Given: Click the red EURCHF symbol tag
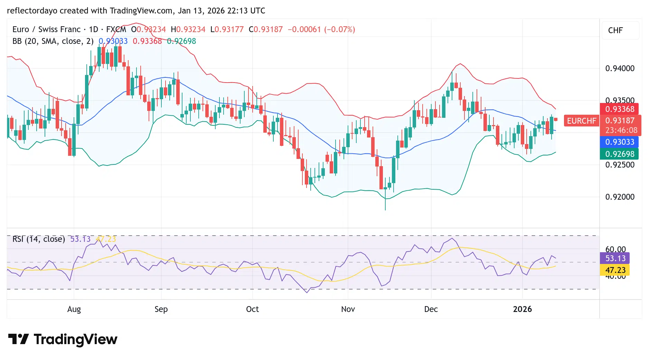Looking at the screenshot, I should pos(581,121).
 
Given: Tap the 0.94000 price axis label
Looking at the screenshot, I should pos(620,68).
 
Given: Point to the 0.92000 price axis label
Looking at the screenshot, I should pos(620,197).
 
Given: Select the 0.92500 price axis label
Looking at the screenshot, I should pos(620,165).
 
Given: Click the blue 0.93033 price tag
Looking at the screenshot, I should pos(619,142).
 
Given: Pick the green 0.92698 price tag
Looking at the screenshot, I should pos(619,154).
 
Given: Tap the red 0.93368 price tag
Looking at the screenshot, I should pos(619,109).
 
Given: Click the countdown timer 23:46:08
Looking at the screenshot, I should pos(621,130).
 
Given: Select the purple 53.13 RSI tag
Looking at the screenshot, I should pos(615,258).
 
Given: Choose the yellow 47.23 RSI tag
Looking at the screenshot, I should pos(615,270).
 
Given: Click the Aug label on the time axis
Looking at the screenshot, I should pos(74,309).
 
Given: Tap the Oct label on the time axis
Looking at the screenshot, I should pos(252,309).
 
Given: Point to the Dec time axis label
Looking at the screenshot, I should pos(431,309).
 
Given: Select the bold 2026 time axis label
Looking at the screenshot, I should pos(522,309).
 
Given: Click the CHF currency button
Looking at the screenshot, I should pos(615,30).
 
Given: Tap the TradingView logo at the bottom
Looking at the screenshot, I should pos(63,339).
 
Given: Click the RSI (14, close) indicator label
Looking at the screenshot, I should pos(39,239).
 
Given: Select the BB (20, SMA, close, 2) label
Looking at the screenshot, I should pos(53,41).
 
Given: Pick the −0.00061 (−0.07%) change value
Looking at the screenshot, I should pos(321,29).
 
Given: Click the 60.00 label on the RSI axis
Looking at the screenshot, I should pos(615,249).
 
